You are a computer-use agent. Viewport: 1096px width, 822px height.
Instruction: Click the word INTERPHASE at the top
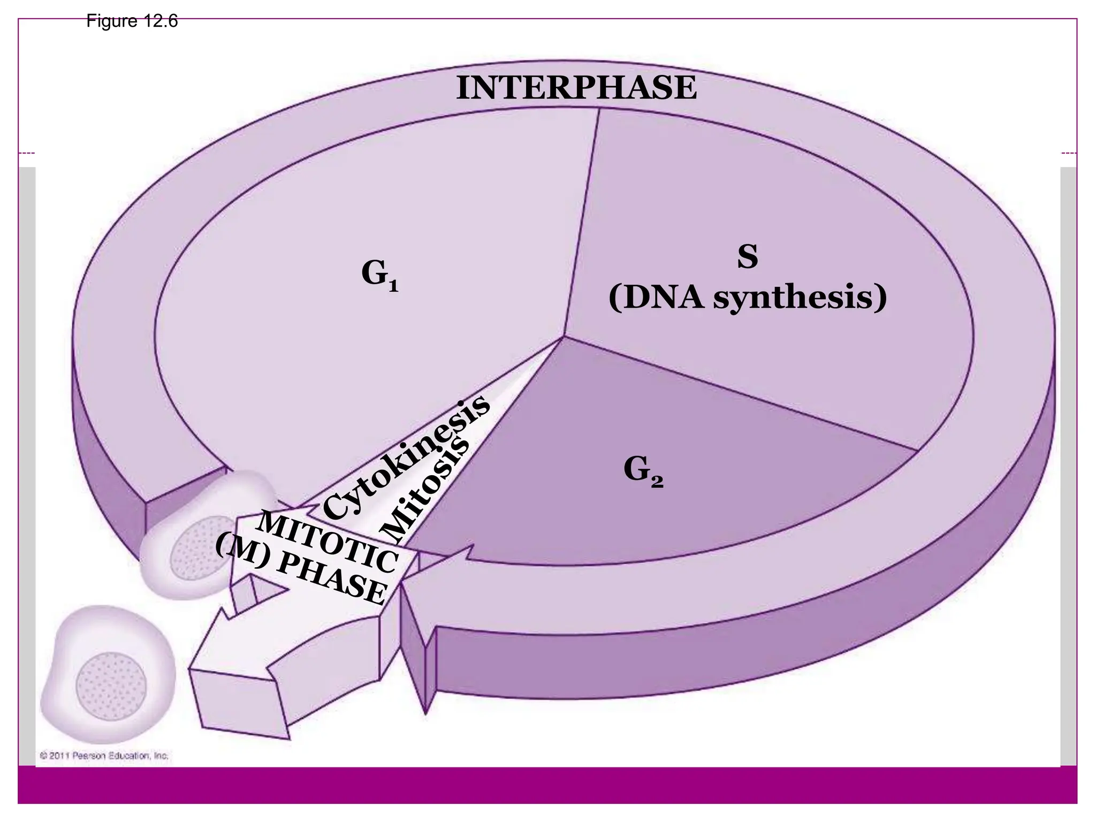click(576, 88)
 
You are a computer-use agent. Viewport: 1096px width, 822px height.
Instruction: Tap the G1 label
click(379, 275)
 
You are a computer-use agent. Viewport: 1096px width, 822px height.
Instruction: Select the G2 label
click(643, 471)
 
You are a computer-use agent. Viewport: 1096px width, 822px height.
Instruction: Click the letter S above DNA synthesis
click(747, 257)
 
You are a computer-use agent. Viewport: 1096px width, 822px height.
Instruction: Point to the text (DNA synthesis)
click(747, 298)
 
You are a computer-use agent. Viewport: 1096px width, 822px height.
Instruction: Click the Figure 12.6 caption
click(132, 21)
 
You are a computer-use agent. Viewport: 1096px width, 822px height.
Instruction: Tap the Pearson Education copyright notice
click(104, 756)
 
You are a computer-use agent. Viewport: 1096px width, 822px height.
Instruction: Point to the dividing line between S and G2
click(739, 394)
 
